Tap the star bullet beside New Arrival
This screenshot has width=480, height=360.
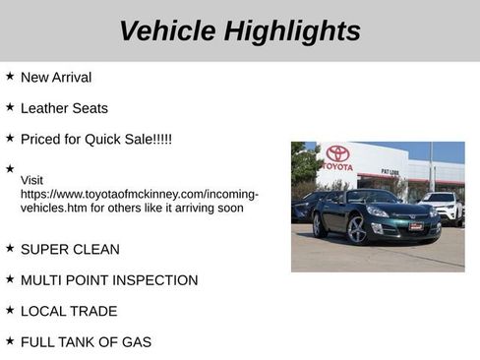pyautogui.click(x=10, y=76)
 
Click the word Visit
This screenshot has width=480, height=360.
pyautogui.click(x=31, y=180)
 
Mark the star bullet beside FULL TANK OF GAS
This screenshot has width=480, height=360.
pyautogui.click(x=10, y=340)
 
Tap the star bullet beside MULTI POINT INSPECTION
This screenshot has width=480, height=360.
pyautogui.click(x=10, y=279)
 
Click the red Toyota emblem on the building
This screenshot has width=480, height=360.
pyautogui.click(x=337, y=154)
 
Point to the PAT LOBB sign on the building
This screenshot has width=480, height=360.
pyautogui.click(x=390, y=172)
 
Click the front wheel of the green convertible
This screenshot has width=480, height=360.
pyautogui.click(x=357, y=230)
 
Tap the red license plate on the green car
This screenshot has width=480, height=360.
pyautogui.click(x=416, y=226)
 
